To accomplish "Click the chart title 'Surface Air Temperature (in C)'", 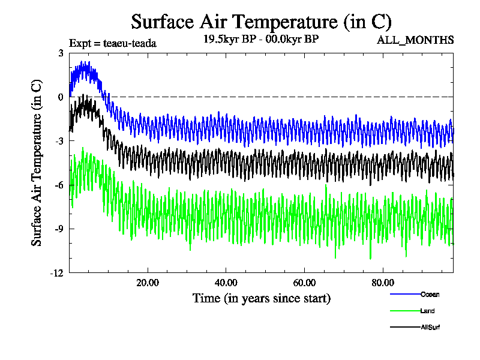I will (261, 22).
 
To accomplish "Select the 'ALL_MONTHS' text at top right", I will (415, 40).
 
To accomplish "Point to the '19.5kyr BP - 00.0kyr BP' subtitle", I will (261, 40).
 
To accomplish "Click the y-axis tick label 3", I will (61, 53).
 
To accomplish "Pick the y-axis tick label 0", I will (61, 97).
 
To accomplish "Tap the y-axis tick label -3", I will (59, 141).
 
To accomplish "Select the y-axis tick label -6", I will (59, 185).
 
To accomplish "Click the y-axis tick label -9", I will (59, 229).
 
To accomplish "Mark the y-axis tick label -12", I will (57, 273).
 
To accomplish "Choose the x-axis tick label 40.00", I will (226, 283).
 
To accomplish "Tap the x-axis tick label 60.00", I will (305, 283).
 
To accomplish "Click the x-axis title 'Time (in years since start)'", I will (261, 298).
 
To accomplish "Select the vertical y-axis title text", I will (37, 163).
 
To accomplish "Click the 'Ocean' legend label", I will (430, 294).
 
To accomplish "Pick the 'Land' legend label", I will (428, 311).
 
